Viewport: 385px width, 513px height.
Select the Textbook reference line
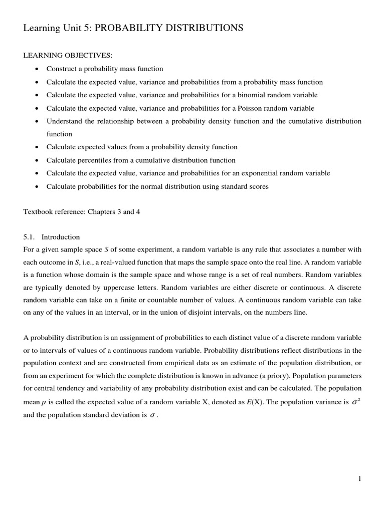tap(82, 212)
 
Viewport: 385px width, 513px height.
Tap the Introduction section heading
tap(61, 237)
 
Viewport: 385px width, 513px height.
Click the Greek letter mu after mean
tap(45, 402)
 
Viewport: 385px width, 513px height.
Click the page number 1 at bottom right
tap(359, 479)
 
